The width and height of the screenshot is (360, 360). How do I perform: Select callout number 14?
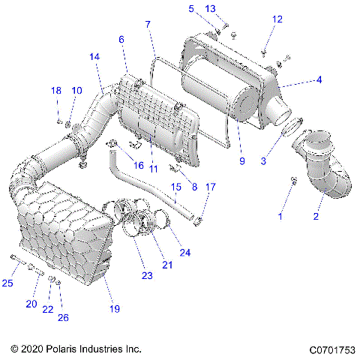click(x=94, y=57)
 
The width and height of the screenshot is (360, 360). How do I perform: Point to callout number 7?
click(x=148, y=25)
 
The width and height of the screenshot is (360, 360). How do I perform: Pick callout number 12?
click(x=277, y=19)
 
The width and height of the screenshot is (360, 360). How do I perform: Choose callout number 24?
click(x=184, y=252)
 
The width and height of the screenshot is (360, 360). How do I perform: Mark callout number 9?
click(x=241, y=160)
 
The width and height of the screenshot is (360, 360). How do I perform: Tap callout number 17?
click(x=211, y=187)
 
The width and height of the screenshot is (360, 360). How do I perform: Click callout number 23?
click(x=147, y=276)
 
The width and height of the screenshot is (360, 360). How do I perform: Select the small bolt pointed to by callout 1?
click(x=293, y=180)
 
